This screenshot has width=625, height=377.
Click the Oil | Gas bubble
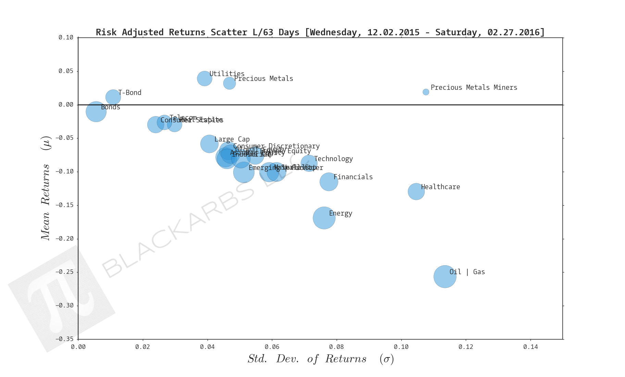click(445, 276)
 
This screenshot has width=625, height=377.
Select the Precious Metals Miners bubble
click(426, 92)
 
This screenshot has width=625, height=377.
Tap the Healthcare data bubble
click(416, 191)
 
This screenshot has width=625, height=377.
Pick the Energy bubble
click(324, 218)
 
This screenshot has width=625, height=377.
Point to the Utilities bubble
click(204, 78)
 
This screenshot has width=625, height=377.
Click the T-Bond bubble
click(113, 97)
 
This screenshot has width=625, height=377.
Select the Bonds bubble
click(96, 111)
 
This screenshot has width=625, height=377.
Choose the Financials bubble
click(329, 181)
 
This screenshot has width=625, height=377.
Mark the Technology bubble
click(309, 163)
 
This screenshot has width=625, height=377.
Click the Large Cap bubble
click(209, 144)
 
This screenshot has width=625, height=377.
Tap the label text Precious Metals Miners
click(474, 87)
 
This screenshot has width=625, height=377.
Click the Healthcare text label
click(440, 187)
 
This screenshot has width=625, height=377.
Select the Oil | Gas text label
click(467, 272)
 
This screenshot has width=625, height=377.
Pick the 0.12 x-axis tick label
click(466, 347)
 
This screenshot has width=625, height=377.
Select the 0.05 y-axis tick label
click(66, 71)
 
